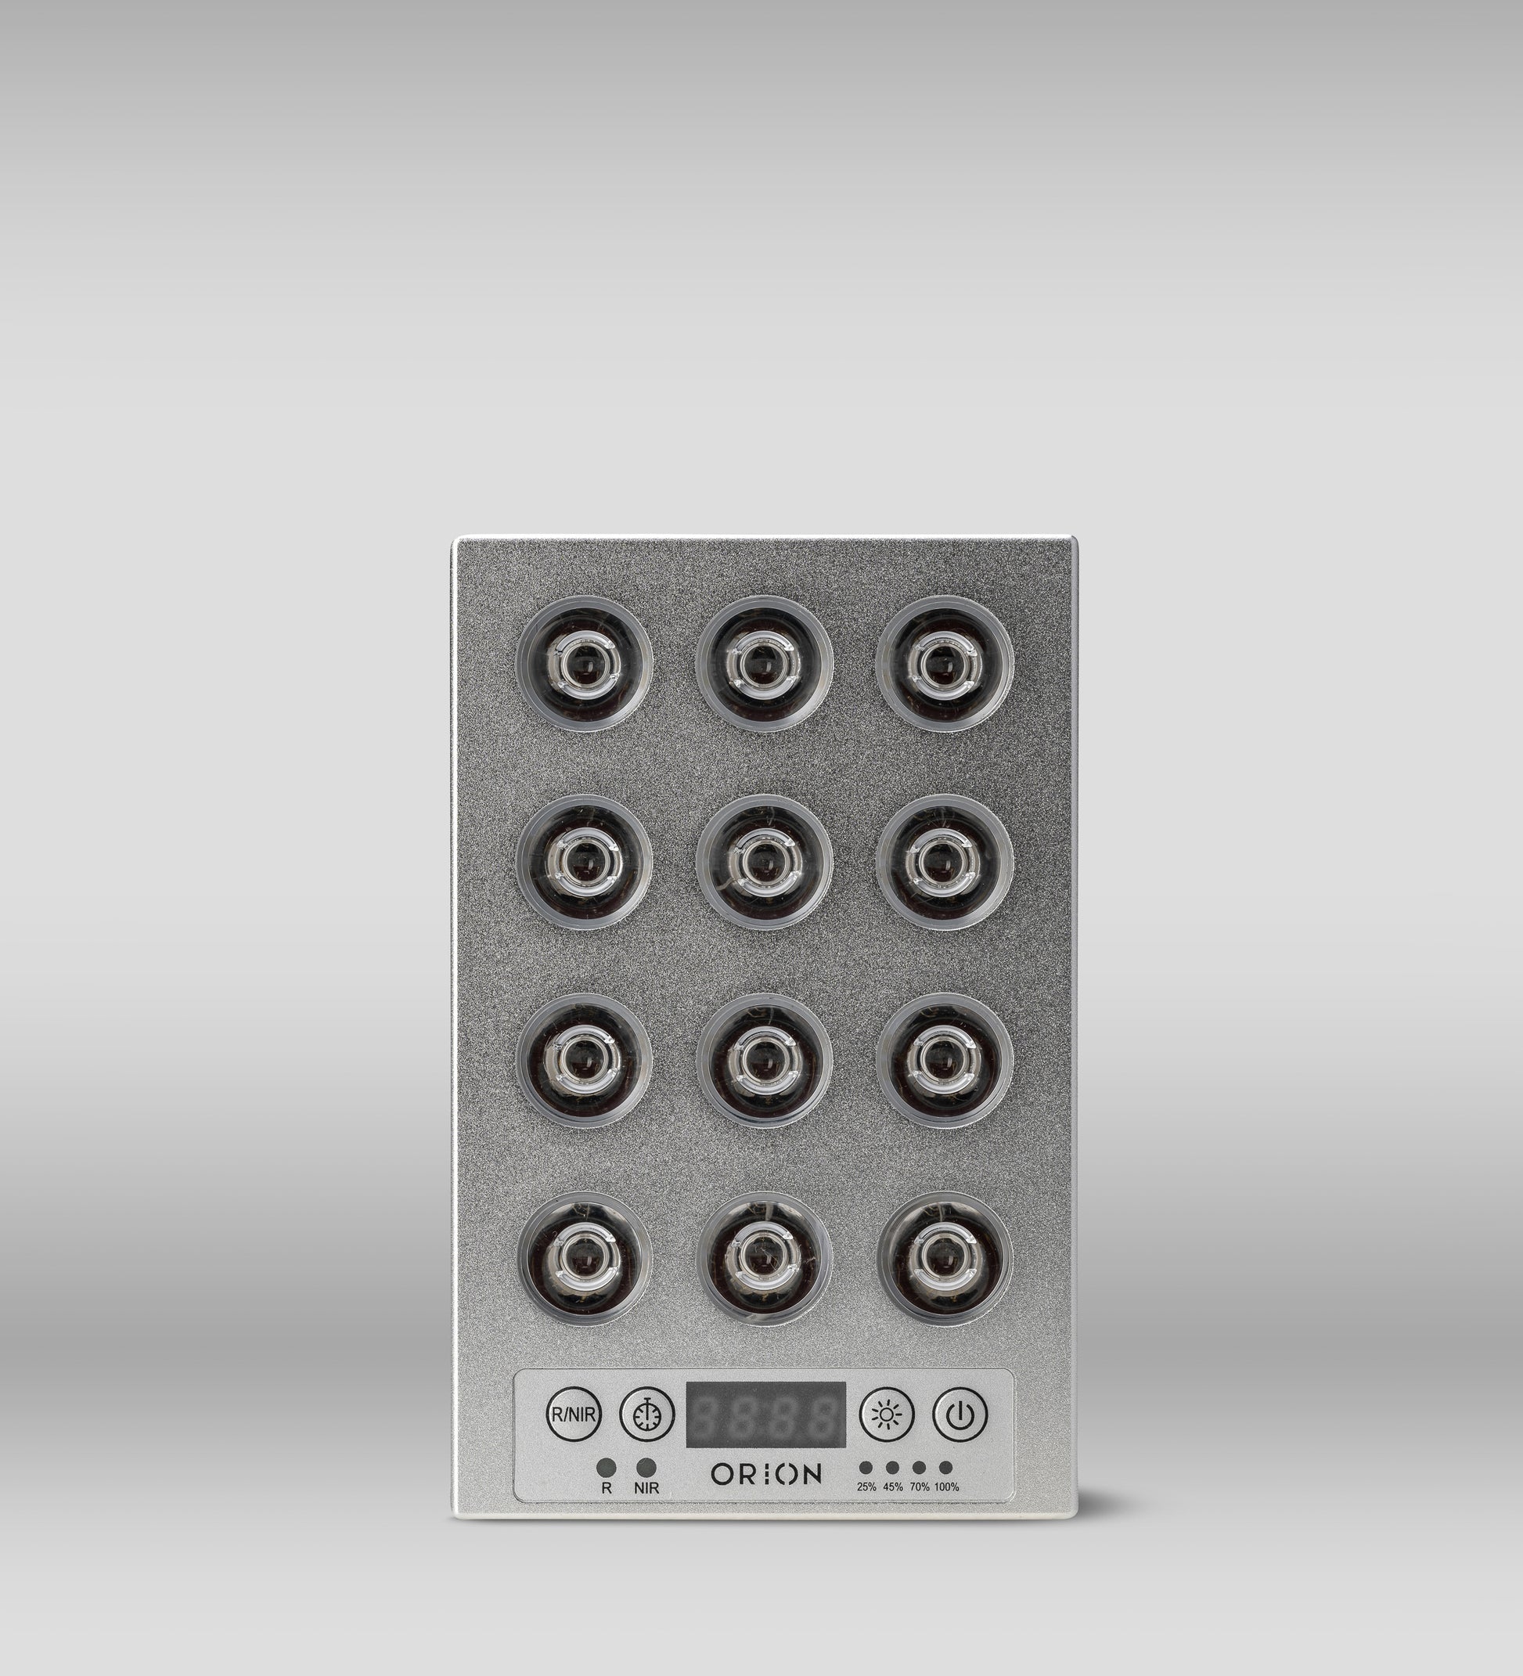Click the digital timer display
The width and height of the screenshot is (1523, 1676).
[x=765, y=1413]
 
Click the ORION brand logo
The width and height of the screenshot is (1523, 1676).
[x=765, y=1475]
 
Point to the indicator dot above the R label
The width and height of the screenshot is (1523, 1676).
[x=607, y=1467]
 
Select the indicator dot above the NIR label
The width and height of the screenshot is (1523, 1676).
[x=645, y=1467]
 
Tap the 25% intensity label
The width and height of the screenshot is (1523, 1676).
[x=866, y=1487]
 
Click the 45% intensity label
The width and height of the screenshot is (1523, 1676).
[x=893, y=1487]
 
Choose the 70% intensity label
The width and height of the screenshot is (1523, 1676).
[x=920, y=1487]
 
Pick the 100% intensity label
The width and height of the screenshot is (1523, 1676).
[x=946, y=1487]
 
